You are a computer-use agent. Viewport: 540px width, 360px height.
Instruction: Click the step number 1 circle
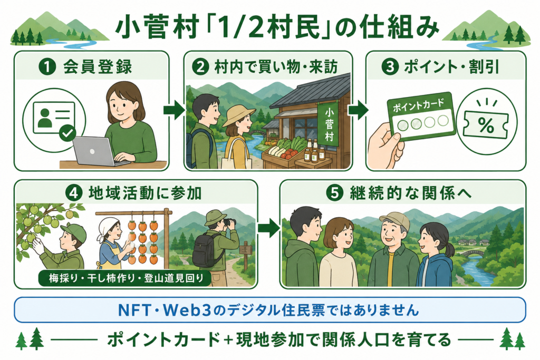pos(47,67)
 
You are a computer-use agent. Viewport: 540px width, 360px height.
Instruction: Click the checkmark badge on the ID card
pos(67,133)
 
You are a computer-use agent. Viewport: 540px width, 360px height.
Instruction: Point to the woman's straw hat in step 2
pos(238,114)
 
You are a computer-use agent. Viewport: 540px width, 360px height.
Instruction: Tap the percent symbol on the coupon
pos(486,125)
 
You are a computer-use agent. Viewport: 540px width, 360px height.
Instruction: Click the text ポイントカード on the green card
pos(418,105)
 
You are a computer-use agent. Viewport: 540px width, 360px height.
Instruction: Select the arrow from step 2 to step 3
pos(358,110)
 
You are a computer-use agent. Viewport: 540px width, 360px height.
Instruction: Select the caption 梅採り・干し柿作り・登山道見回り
pos(126,278)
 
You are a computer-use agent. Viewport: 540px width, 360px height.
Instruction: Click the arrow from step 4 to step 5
pos(268,228)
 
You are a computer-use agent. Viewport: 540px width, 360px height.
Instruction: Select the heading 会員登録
pos(98,67)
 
